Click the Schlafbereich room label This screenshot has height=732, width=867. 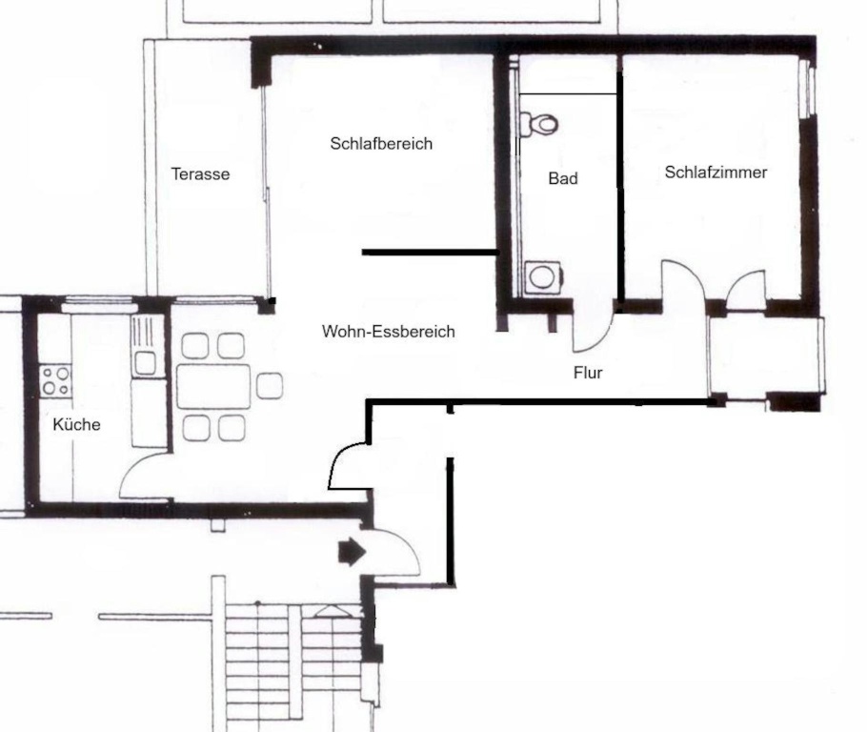tap(381, 144)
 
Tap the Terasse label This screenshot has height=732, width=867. tap(200, 174)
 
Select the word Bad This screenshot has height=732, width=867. tap(563, 179)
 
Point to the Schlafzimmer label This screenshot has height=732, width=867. tap(716, 173)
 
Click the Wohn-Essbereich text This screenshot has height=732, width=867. tap(388, 332)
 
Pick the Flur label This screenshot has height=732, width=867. tap(588, 373)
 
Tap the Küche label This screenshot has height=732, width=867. tap(77, 425)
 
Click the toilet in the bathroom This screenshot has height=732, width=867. tap(539, 124)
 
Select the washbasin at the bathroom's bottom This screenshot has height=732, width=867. tap(543, 277)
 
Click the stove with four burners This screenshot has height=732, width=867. tap(55, 380)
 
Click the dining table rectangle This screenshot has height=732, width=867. tap(213, 386)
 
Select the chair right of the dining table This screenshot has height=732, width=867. tap(270, 386)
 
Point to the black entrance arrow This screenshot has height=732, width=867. tap(352, 552)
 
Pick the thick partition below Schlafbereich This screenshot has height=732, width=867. tap(431, 253)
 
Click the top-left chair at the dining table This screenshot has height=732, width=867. tap(195, 346)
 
